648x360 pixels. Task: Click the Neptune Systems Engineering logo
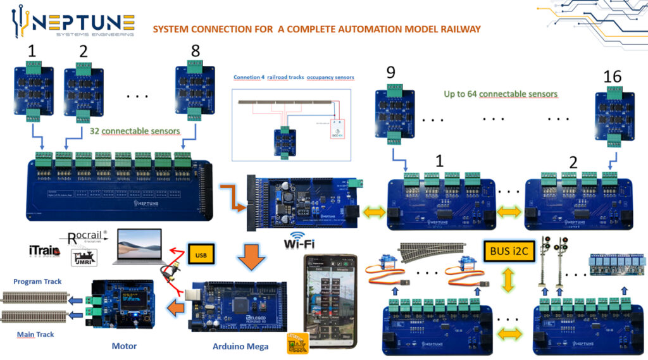point(73,23)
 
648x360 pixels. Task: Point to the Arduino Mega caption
point(241,346)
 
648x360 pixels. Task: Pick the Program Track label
point(37,282)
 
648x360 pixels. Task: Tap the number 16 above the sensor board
point(613,77)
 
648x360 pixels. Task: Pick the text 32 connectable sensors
point(135,131)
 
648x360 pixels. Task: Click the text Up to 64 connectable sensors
point(501,94)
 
